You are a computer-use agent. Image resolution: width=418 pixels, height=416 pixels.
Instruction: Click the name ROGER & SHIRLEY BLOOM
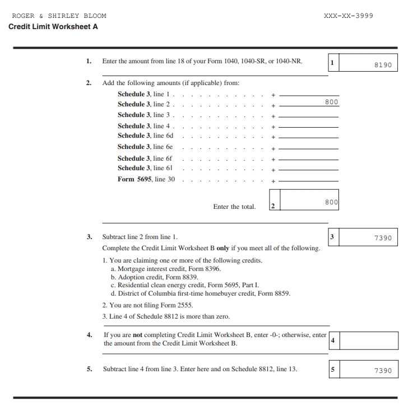(x=59, y=16)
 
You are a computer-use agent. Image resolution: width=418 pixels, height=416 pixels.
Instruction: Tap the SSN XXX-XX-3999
(x=348, y=16)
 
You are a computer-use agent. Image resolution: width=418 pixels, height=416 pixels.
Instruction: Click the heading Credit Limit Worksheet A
(x=53, y=26)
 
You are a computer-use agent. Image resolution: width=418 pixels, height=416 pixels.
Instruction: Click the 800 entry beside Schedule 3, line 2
(x=332, y=102)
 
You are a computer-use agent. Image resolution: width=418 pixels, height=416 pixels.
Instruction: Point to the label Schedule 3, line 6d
(x=146, y=135)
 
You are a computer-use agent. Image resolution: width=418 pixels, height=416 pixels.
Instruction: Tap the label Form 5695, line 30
(x=146, y=179)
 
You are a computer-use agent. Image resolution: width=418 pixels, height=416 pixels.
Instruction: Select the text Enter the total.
(x=234, y=207)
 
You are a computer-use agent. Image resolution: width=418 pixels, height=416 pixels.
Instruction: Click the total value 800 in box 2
(x=332, y=202)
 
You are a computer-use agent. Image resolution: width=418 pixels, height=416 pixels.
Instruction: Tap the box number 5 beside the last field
(x=332, y=370)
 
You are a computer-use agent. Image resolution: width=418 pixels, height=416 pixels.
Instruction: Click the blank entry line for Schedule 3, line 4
(x=309, y=127)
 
